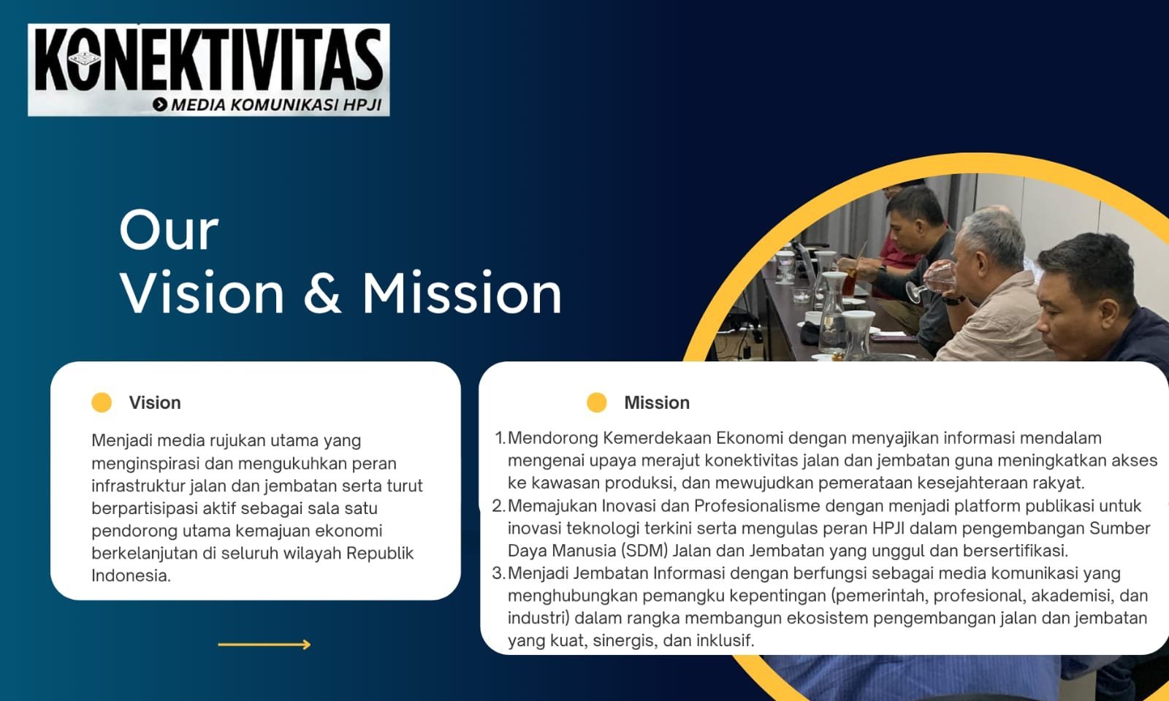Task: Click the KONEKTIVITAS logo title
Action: tap(209, 60)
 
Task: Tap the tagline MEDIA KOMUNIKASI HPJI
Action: tap(277, 105)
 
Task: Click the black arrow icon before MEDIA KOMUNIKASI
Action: tap(160, 104)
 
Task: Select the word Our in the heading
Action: tap(169, 231)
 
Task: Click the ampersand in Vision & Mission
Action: tap(322, 293)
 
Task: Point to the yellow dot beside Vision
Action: tap(102, 402)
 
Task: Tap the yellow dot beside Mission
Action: tap(596, 402)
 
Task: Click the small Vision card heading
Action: tap(155, 402)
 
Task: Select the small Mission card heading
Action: tap(657, 402)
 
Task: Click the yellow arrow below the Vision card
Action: tap(264, 645)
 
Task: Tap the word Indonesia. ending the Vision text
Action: tap(131, 575)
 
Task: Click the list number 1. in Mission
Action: tap(500, 438)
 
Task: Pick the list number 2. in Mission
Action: tap(499, 506)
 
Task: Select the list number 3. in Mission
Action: tap(499, 573)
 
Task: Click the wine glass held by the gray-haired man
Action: tap(932, 282)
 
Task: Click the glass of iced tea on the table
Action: tap(849, 282)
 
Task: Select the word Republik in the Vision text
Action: tap(380, 553)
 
